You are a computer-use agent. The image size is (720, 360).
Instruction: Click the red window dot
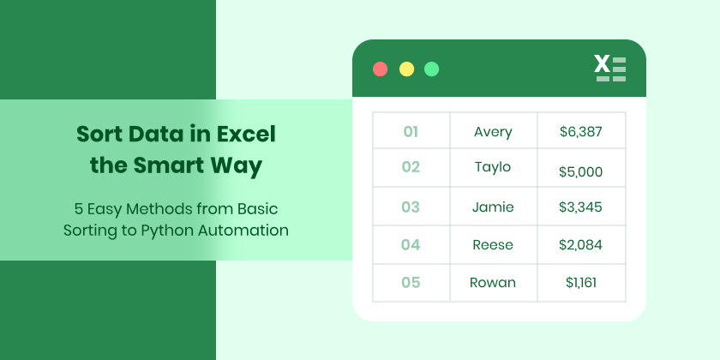(381, 69)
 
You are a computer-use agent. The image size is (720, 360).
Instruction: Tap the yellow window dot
(406, 69)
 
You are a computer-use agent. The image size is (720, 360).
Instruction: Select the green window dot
(432, 69)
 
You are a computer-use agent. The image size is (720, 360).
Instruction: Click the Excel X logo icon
(609, 68)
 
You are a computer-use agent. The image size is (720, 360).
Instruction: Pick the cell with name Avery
(493, 131)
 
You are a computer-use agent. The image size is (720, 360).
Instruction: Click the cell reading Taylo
(493, 166)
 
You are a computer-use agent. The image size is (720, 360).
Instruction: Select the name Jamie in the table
(493, 207)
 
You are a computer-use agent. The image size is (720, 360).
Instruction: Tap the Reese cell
(493, 244)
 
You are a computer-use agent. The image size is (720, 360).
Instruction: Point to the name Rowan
(493, 282)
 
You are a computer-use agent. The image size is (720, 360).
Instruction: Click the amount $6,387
(580, 131)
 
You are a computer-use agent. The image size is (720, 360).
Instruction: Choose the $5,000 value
(580, 171)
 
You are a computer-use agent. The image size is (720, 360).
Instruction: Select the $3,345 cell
(580, 207)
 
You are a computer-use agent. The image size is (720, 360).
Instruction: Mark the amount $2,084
(580, 244)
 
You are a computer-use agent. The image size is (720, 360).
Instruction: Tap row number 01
(411, 131)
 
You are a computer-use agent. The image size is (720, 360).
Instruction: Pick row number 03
(411, 207)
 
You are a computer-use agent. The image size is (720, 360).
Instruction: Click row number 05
(411, 282)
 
